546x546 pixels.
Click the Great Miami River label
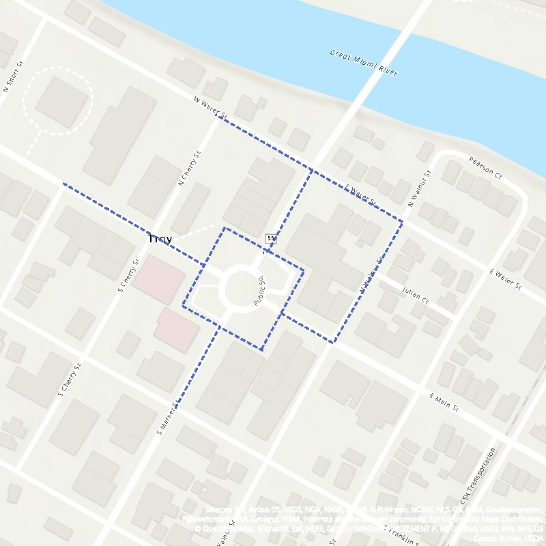363,62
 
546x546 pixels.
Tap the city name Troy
160,240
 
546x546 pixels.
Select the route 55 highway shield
272,238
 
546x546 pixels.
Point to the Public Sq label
259,291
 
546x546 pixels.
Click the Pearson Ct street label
485,168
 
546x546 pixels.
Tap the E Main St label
443,404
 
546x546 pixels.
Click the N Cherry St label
190,168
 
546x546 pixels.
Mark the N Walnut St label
420,190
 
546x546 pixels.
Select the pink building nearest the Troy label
158,280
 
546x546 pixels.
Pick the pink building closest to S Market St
175,329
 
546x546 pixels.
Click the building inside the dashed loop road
62,101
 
